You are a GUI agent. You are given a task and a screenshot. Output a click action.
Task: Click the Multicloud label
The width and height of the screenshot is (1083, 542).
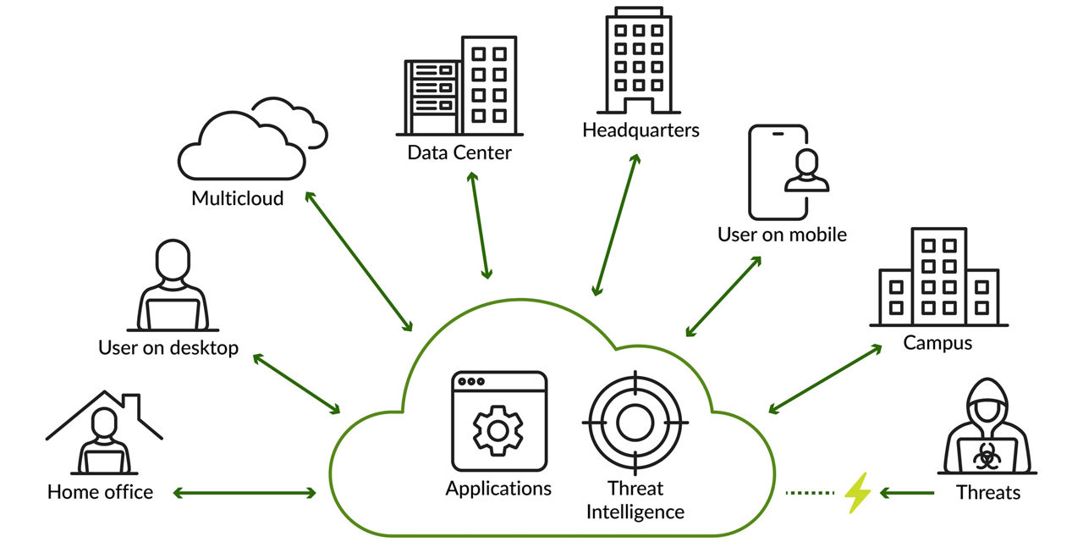point(237,199)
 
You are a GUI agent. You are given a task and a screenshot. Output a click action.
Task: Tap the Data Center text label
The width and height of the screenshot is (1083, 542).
point(459,153)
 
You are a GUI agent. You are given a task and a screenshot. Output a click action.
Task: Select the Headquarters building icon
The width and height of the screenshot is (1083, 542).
point(639,61)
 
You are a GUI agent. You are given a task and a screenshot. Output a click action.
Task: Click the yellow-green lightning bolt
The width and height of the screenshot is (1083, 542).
point(858,492)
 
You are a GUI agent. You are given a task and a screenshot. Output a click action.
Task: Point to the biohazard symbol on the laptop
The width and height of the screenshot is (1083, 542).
point(984,458)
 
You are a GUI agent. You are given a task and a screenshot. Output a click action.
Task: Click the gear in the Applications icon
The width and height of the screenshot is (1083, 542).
point(498,429)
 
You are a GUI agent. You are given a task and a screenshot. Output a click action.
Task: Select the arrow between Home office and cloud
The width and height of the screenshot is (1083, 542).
point(245,492)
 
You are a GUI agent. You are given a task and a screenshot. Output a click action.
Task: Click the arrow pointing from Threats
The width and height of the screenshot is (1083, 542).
point(907,492)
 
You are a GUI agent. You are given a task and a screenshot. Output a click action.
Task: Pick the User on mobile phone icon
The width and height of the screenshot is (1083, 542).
point(778,173)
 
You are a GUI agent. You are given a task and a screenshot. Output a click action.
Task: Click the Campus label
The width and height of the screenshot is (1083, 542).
point(937,343)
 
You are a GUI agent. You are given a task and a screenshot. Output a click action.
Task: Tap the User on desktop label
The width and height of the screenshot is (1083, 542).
point(168,348)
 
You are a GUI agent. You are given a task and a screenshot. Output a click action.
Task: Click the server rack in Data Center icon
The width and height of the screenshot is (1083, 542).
point(432,97)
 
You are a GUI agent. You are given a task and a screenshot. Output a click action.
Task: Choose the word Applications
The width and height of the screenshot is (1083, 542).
point(498,489)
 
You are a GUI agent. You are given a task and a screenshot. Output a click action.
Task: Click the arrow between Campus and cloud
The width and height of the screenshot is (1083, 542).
point(825,379)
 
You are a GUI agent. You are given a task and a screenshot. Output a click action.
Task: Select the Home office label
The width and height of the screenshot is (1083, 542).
point(100,492)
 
